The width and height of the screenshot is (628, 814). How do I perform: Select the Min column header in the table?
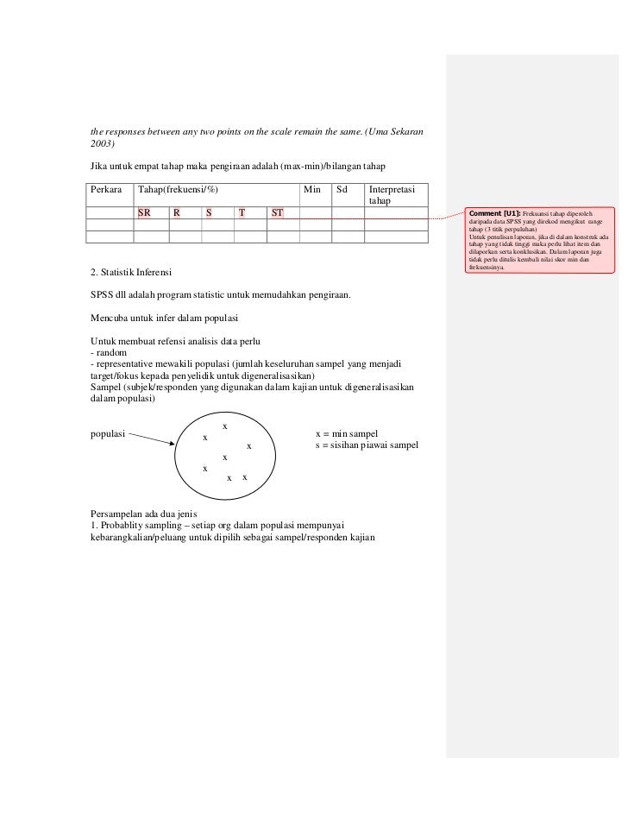click(x=312, y=189)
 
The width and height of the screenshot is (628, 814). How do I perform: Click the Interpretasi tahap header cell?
click(x=392, y=195)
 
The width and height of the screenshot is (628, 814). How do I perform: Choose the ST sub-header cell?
click(x=278, y=211)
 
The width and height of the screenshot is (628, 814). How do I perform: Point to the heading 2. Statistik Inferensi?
click(x=130, y=274)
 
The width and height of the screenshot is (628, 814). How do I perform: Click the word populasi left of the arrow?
click(x=108, y=433)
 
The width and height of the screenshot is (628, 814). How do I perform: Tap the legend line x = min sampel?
click(x=348, y=433)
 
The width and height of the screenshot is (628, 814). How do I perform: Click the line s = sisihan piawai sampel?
click(x=368, y=445)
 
